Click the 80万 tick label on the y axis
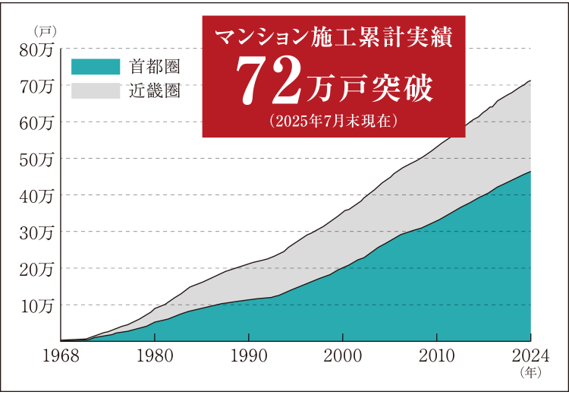39,50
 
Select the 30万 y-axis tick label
39,232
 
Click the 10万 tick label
39,305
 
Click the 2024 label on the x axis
530,357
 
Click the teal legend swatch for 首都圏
96,67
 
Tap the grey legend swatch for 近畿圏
96,90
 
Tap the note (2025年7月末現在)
333,120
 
